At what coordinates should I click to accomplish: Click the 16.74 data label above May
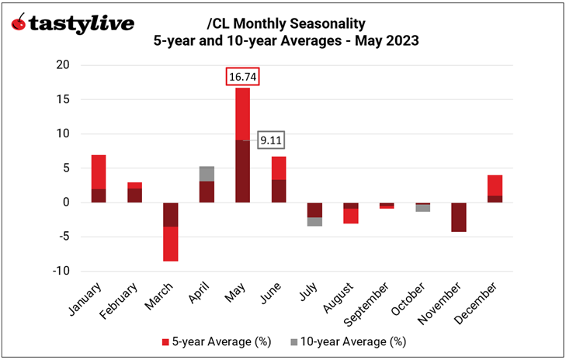coord(242,77)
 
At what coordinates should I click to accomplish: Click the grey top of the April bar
coord(207,173)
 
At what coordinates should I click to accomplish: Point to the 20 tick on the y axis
coord(62,65)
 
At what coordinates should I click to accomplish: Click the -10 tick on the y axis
coord(60,271)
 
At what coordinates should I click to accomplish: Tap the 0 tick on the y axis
coord(65,202)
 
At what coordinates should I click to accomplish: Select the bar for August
coord(351,213)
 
